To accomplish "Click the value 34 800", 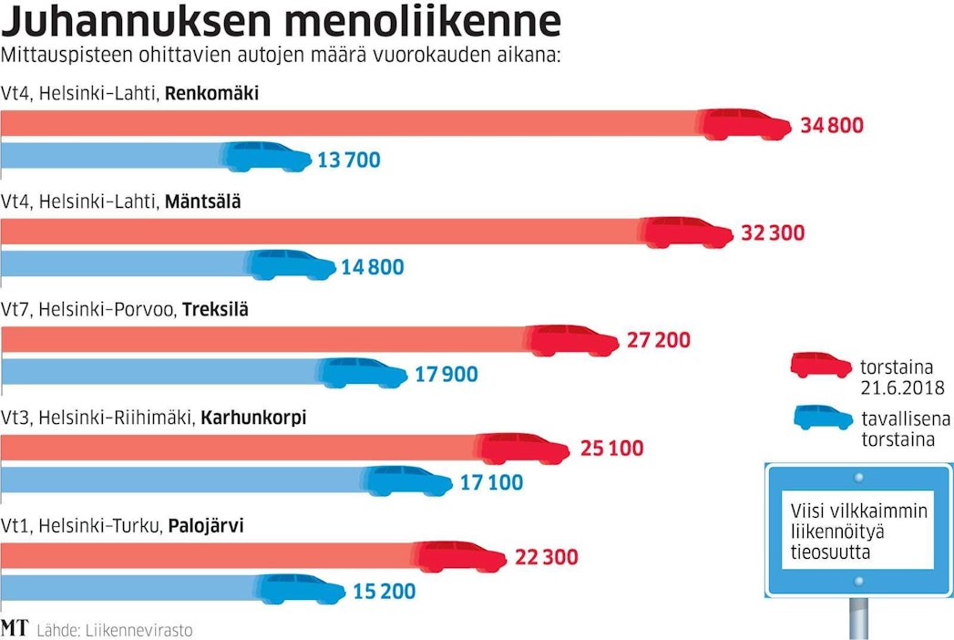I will click(x=831, y=126).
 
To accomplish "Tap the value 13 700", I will click(x=348, y=160).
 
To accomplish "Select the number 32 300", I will click(x=773, y=233).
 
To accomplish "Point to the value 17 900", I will click(x=446, y=375).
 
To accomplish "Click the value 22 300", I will click(x=547, y=557).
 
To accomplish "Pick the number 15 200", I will click(x=384, y=592).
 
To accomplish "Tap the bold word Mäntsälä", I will click(x=202, y=201).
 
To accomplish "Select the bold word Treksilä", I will click(x=215, y=310).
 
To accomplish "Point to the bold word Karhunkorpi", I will click(x=252, y=418).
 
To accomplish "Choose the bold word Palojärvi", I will click(x=206, y=526).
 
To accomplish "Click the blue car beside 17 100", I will click(x=409, y=480).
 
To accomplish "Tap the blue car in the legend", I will click(x=818, y=418).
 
